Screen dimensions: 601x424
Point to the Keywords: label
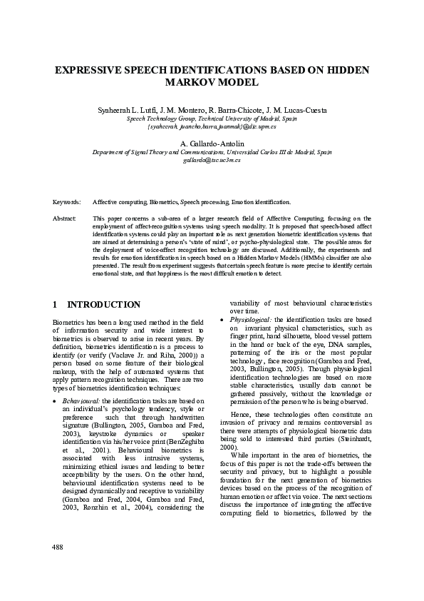point(67,203)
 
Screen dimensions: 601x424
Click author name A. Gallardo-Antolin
point(212,144)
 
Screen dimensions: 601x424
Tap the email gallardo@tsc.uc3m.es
point(212,161)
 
